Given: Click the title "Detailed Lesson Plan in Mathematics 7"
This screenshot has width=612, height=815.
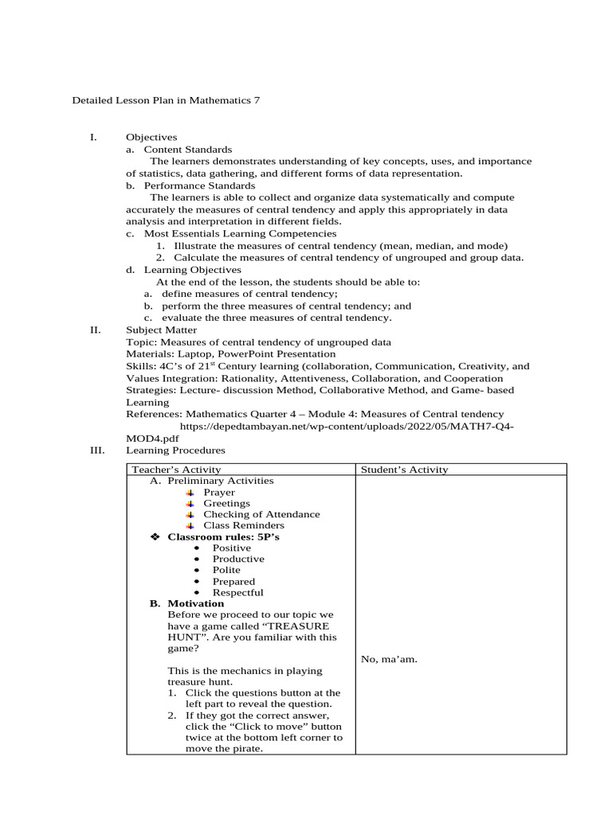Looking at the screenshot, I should tap(166, 101).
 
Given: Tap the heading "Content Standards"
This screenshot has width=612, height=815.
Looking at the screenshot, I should tap(188, 149).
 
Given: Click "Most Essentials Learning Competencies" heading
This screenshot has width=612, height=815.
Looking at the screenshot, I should tap(240, 234).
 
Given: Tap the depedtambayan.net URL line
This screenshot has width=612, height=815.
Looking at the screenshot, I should tap(347, 427).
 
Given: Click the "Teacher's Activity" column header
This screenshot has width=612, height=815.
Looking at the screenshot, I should tap(176, 470).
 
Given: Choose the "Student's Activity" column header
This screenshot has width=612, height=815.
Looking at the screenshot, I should tap(404, 470).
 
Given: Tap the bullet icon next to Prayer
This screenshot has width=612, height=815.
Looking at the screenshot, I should tap(190, 493).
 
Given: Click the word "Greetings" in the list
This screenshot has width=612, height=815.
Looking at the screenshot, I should tap(226, 504).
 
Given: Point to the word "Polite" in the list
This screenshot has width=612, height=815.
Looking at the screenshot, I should tap(226, 571).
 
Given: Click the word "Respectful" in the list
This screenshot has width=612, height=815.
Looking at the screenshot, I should tap(237, 593).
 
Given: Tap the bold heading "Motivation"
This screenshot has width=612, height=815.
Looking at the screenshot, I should tap(195, 603).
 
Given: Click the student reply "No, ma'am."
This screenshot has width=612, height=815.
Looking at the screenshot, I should tap(389, 659).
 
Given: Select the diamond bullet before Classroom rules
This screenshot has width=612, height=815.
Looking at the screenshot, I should tap(156, 537).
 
